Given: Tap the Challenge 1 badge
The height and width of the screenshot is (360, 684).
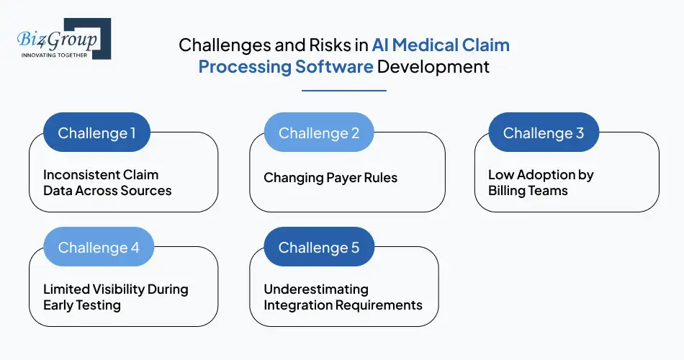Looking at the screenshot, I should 96,133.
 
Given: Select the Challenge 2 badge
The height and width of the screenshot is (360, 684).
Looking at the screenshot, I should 318,133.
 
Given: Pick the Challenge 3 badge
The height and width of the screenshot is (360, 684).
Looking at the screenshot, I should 544,133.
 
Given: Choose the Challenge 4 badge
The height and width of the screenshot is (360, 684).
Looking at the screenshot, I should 99,247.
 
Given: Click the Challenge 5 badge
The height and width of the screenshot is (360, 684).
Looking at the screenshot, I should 318,247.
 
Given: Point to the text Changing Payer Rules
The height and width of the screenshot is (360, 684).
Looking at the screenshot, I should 330,178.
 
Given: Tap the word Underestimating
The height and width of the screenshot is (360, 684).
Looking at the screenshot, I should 316,289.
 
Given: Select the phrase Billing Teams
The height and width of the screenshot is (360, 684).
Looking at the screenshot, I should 528,191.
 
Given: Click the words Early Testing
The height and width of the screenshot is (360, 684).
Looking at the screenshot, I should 82,305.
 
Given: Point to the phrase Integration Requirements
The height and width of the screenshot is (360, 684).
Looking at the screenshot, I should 343,305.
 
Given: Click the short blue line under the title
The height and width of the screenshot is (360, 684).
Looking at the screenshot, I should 343,91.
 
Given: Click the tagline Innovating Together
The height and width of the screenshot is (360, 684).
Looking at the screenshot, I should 55,55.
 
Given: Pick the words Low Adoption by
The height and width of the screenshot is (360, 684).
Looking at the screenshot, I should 541,175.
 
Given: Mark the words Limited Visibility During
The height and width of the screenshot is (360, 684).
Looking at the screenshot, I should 115,289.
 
